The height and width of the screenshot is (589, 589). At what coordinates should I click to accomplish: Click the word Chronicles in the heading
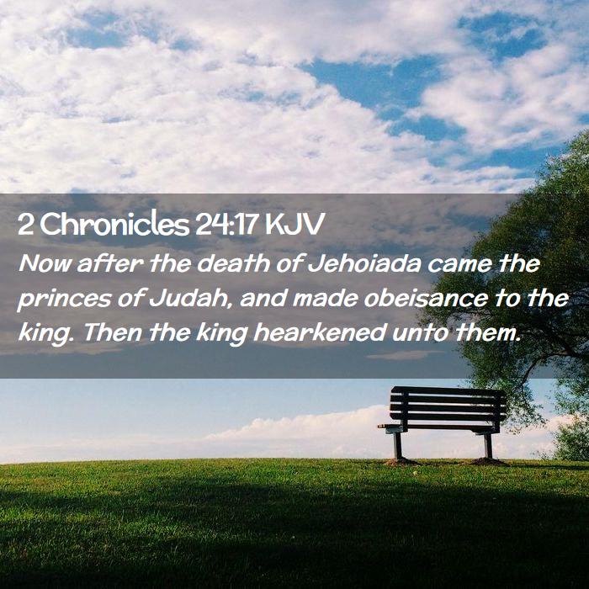point(114,225)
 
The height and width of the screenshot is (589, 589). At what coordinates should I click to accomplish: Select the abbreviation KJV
point(294,225)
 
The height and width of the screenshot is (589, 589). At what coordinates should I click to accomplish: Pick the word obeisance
point(426,298)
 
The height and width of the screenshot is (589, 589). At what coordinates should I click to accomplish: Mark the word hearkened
point(320,332)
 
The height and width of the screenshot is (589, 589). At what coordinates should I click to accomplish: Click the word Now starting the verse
point(45,263)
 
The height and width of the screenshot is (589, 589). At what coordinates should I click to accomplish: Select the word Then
point(112,332)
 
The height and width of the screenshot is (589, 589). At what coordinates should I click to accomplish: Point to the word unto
point(420,333)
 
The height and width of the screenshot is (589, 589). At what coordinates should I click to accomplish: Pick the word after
point(109,263)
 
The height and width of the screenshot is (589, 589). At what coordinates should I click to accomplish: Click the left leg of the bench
point(398,446)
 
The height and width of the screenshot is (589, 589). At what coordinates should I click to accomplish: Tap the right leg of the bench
point(488,446)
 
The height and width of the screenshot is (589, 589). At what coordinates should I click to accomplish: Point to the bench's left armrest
point(390,427)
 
